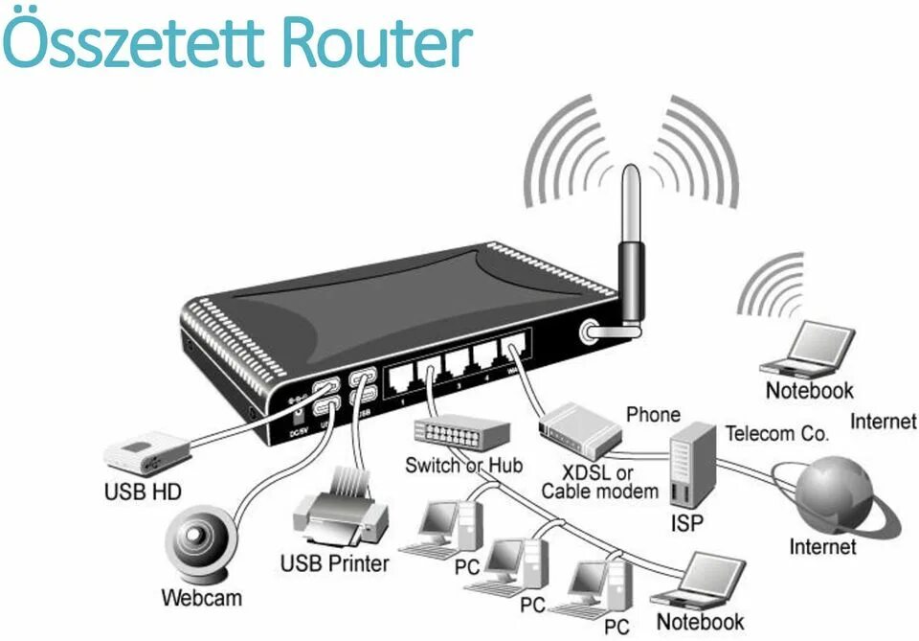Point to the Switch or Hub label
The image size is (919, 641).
(x=464, y=466)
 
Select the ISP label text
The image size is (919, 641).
(x=685, y=523)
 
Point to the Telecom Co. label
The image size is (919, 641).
(x=776, y=433)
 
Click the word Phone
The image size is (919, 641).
(x=653, y=415)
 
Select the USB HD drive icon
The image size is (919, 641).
(x=146, y=451)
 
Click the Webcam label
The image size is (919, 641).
(x=201, y=599)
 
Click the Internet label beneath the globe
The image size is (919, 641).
(x=822, y=547)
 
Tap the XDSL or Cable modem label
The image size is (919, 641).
(x=600, y=482)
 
